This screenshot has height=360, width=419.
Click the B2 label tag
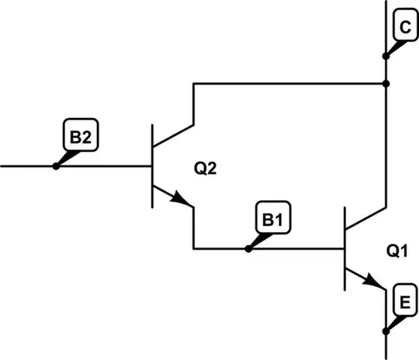click(78, 139)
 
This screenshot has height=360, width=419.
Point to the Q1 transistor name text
click(397, 252)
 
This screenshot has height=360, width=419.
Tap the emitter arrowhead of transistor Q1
click(377, 282)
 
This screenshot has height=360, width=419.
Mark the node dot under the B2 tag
click(55, 166)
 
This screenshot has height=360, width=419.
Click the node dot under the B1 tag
click(248, 248)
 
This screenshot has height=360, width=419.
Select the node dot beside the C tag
click(386, 55)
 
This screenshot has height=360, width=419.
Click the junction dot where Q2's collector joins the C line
click(386, 82)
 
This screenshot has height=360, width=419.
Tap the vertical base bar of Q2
click(153, 166)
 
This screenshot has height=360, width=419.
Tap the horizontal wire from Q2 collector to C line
click(287, 82)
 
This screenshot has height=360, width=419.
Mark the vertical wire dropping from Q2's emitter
click(192, 229)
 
